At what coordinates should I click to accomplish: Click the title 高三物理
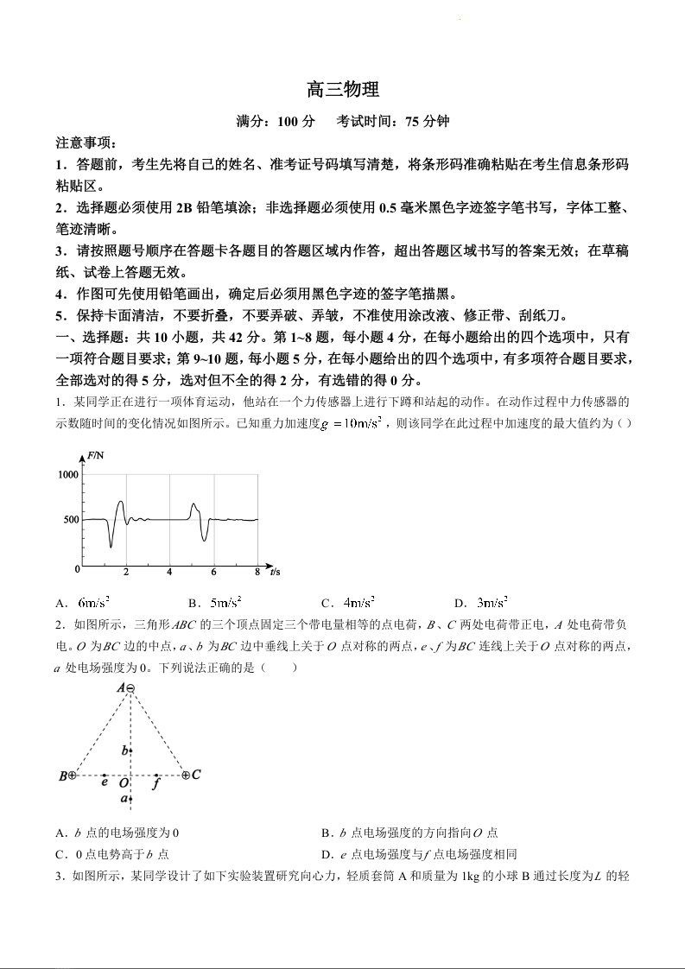pos(343,90)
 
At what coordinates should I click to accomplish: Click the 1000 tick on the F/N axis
pos(68,475)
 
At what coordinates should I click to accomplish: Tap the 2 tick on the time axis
pos(126,573)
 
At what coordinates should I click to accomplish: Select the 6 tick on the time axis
pos(213,573)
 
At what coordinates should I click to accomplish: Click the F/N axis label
pos(95,455)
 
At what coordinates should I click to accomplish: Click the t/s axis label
pos(275,572)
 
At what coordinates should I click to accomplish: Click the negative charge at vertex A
pos(130,688)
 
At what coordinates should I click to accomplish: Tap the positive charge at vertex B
pos(73,776)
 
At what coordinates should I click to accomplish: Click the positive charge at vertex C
pos(186,776)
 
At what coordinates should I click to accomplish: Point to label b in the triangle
pos(124,750)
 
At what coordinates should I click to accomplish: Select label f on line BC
pos(155,784)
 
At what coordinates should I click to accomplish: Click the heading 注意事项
pos(86,142)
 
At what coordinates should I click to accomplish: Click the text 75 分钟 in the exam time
pos(425,122)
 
